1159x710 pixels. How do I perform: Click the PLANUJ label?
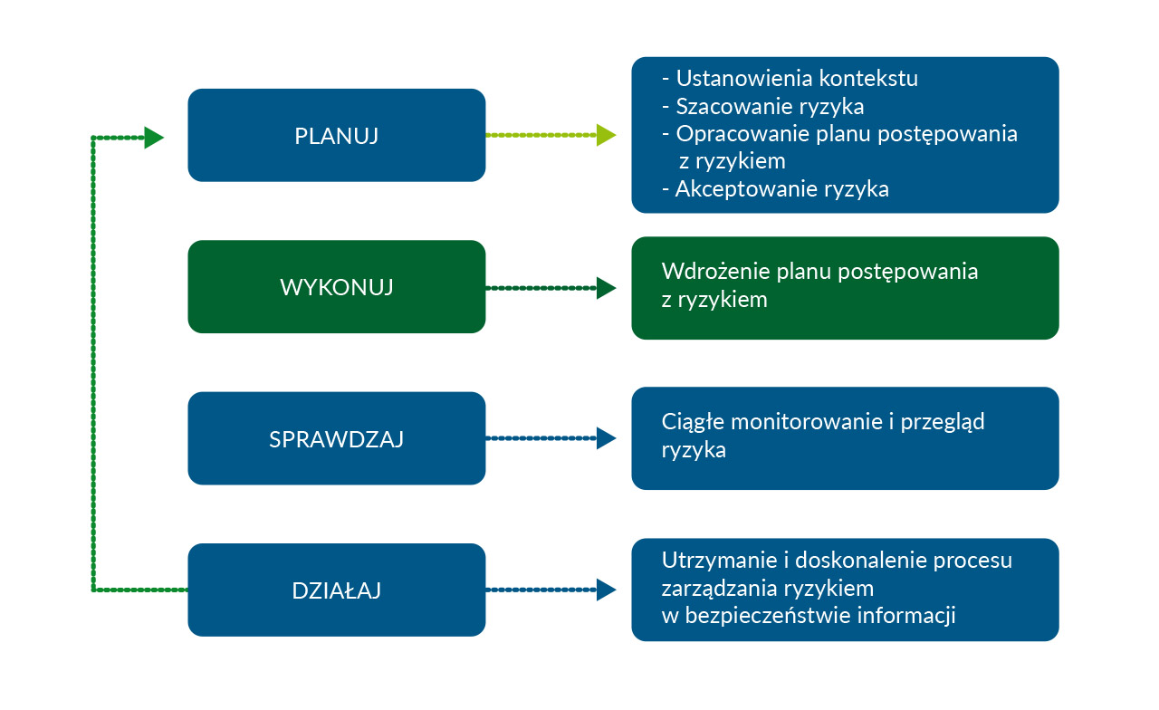pos(336,136)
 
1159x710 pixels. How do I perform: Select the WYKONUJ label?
pos(336,287)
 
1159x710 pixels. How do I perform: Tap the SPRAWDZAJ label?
pos(336,439)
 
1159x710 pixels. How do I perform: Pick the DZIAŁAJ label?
pos(336,590)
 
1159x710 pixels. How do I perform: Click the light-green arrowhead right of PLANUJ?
pos(606,135)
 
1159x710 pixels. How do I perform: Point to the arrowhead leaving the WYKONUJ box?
pos(606,288)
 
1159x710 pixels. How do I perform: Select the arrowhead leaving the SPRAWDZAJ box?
pos(606,438)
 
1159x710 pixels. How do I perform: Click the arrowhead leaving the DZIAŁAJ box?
pos(606,590)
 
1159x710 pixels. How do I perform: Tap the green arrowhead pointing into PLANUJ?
pos(154,138)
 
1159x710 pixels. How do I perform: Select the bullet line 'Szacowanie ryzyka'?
pos(763,107)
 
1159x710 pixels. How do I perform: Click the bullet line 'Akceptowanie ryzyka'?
pos(776,189)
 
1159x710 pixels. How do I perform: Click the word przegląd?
pos(943,423)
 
